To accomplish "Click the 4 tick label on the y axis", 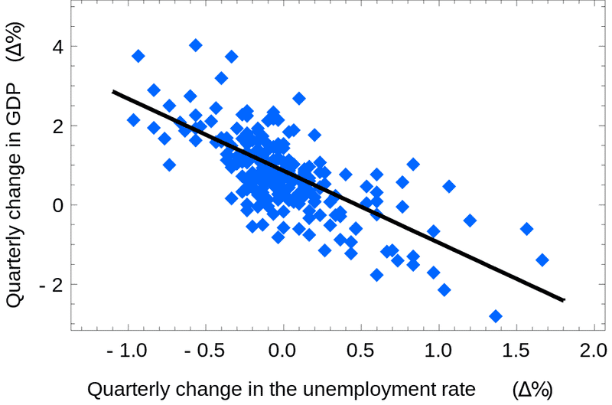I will (x=55, y=46).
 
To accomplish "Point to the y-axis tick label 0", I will (x=55, y=205).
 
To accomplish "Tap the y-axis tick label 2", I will (x=55, y=126).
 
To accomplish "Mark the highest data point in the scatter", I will (x=196, y=45).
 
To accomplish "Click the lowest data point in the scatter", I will (x=496, y=316).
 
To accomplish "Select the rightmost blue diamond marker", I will (x=542, y=260).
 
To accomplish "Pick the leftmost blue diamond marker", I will (x=133, y=120).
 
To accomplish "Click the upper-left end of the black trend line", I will (x=113, y=91).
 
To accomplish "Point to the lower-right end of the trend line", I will (x=564, y=300).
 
